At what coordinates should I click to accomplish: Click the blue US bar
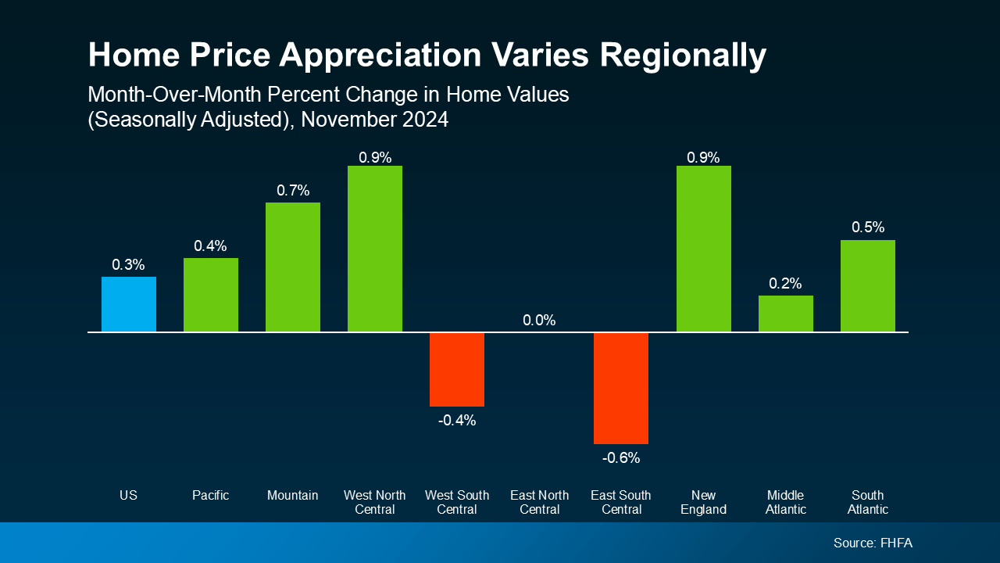[x=129, y=304]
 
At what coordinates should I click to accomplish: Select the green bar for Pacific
[x=211, y=295]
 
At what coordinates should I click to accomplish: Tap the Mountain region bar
[x=293, y=267]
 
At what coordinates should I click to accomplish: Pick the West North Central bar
[x=375, y=249]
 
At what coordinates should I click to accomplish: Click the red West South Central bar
[x=457, y=369]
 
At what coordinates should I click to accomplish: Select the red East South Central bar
[x=621, y=388]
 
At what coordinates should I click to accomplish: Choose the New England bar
[x=703, y=249]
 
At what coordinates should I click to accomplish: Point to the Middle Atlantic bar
[x=785, y=314]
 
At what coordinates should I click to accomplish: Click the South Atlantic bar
[x=867, y=285]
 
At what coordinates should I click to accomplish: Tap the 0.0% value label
[x=539, y=321]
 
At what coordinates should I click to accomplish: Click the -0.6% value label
[x=621, y=458]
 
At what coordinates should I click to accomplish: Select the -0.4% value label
[x=457, y=421]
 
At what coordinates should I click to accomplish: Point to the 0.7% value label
[x=293, y=190]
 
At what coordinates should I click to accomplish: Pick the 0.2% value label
[x=785, y=283]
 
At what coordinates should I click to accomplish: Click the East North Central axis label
[x=539, y=502]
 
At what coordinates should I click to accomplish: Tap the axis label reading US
[x=129, y=495]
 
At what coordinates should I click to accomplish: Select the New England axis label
[x=703, y=502]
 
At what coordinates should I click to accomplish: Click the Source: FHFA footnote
[x=873, y=543]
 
